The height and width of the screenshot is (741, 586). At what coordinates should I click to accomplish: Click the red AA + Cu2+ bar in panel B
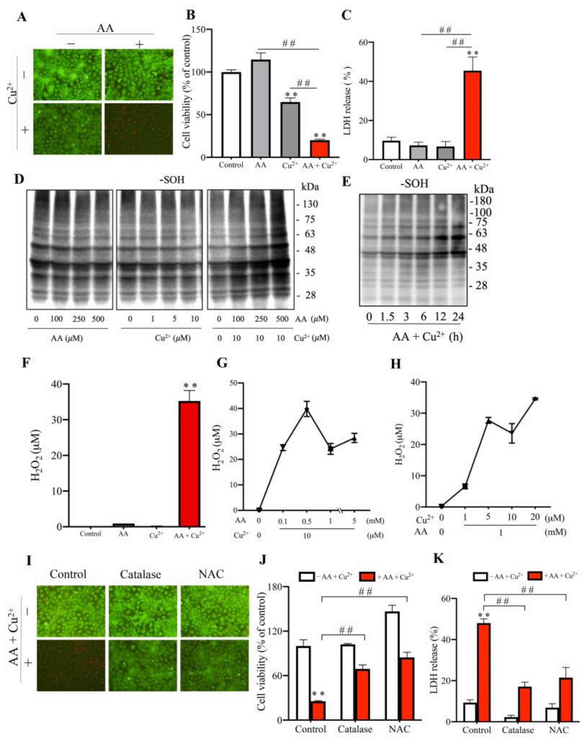[x=320, y=149]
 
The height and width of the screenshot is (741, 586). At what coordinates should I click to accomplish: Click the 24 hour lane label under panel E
[x=458, y=317]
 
